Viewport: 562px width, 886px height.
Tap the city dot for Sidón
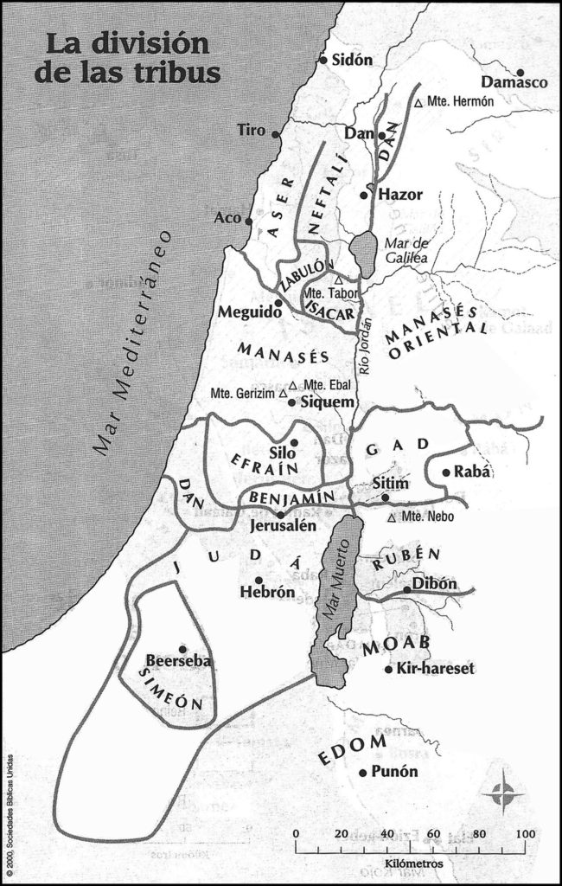coord(324,60)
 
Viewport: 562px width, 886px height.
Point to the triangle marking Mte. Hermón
coord(418,103)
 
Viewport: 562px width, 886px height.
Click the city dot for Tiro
coord(276,134)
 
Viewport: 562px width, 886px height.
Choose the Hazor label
coord(400,195)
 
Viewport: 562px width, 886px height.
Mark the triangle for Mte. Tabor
coord(339,280)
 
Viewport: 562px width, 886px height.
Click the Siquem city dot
coord(291,401)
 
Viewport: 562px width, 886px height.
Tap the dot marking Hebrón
coord(259,580)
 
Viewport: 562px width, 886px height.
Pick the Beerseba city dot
coord(182,648)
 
